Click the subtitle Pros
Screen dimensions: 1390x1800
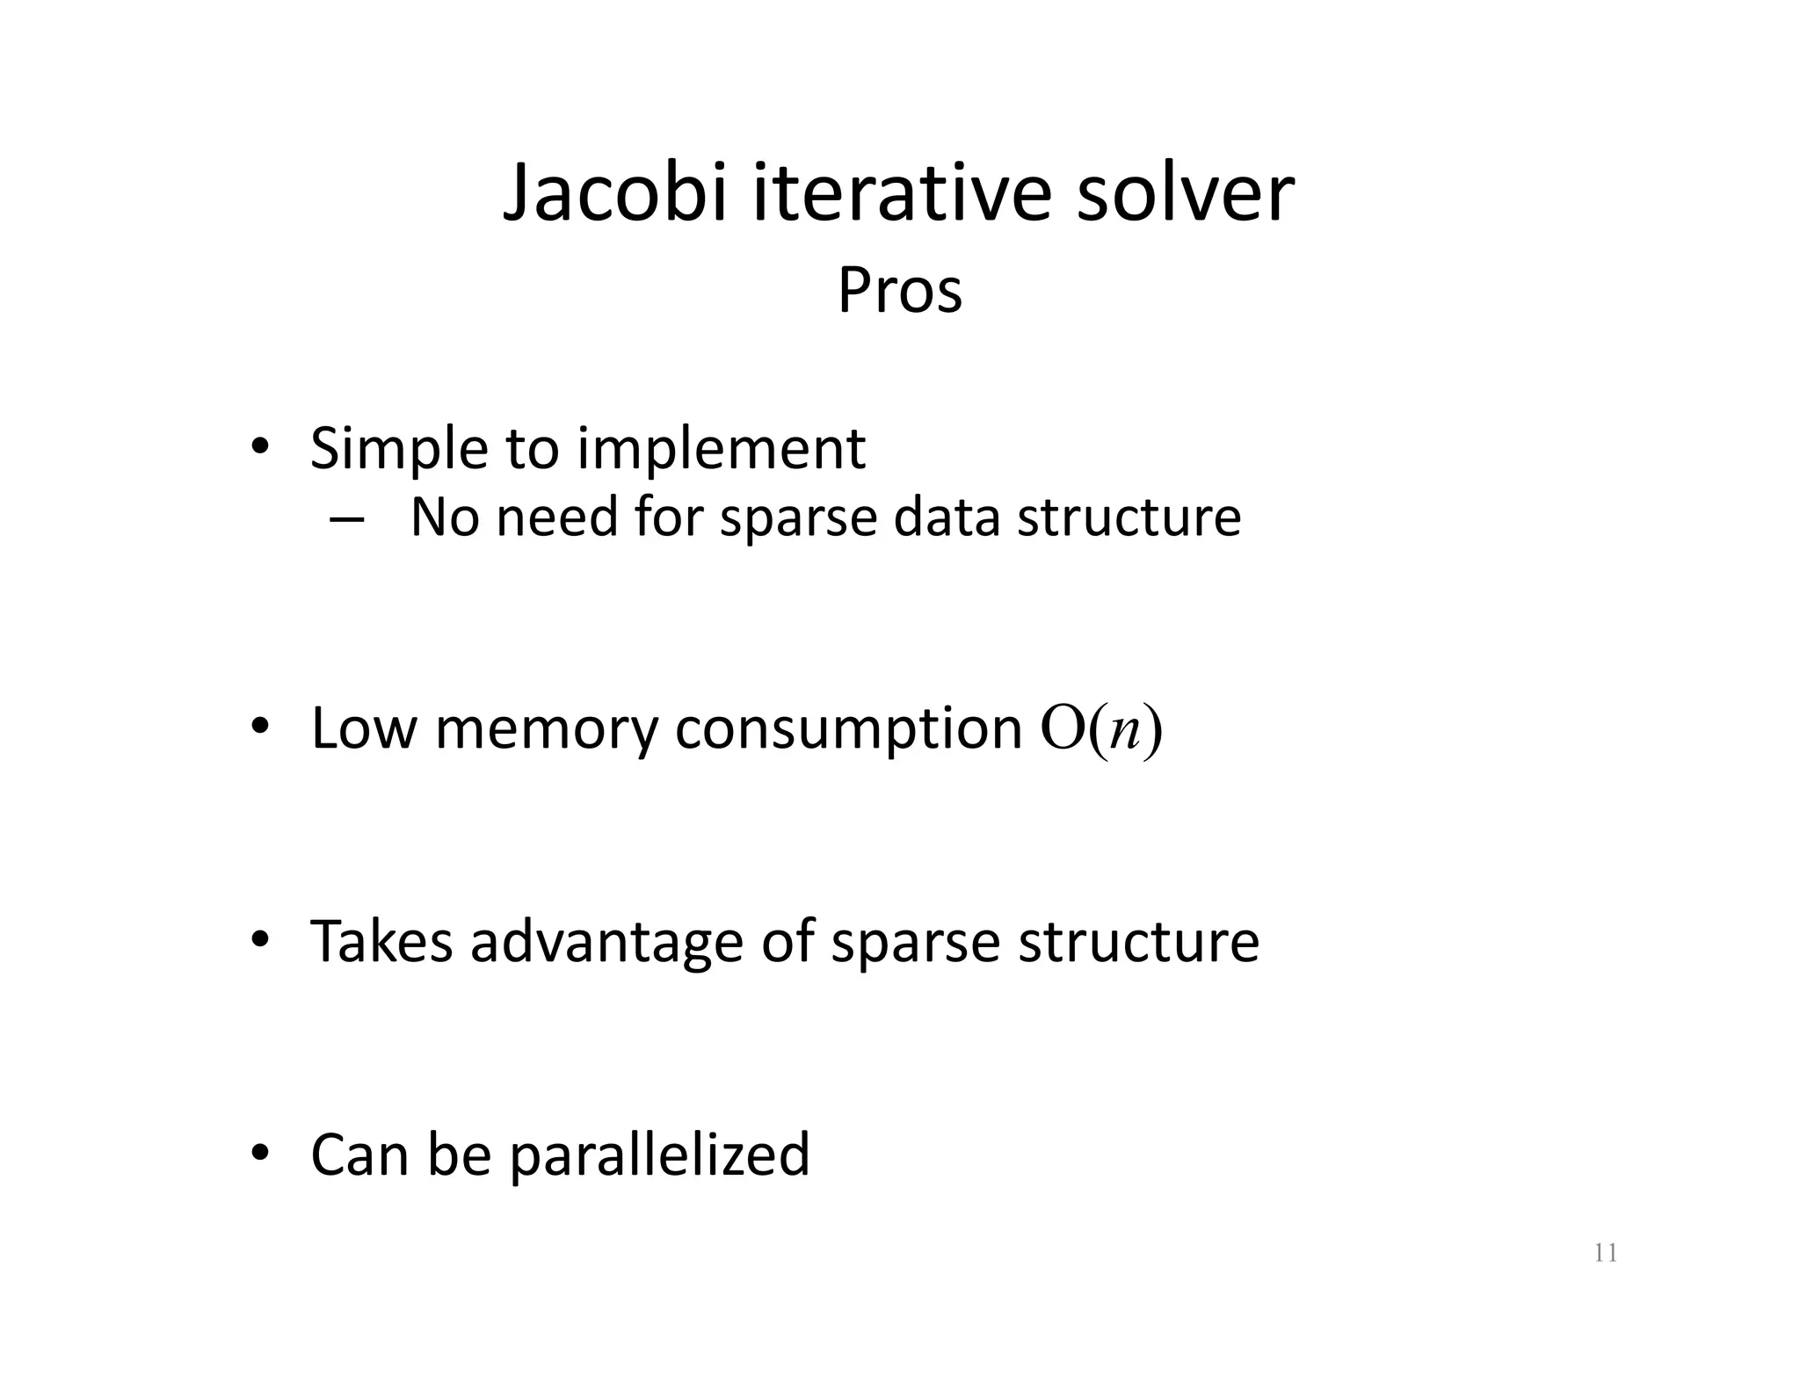pyautogui.click(x=899, y=291)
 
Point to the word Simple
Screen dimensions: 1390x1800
pyautogui.click(x=399, y=450)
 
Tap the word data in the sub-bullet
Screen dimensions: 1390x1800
pyautogui.click(x=947, y=518)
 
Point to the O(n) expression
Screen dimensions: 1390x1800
pyautogui.click(x=1101, y=729)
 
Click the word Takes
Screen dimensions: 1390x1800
pyautogui.click(x=381, y=942)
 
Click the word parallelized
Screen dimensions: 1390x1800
pyautogui.click(x=659, y=1156)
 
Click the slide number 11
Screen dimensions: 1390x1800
pyautogui.click(x=1605, y=1253)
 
